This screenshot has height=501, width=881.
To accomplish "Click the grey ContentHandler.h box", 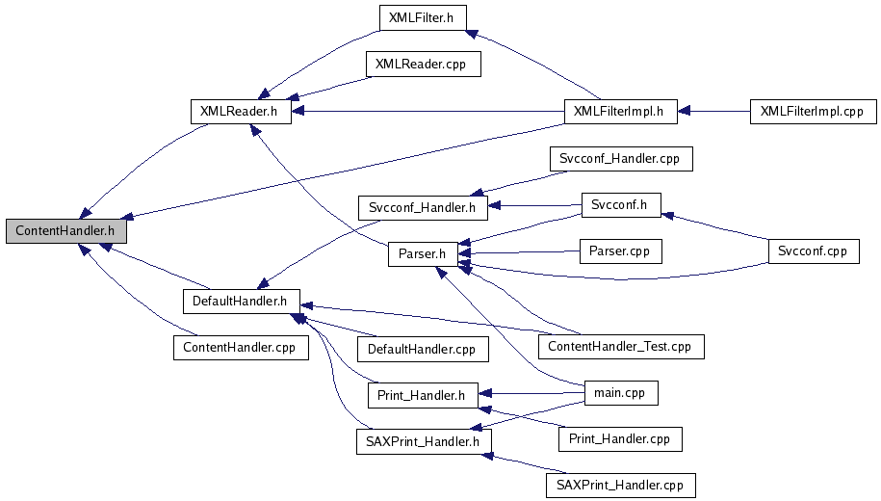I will pyautogui.click(x=65, y=231).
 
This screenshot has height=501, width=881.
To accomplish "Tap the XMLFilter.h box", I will pyautogui.click(x=422, y=16).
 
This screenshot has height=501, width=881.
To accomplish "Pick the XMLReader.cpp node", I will pyautogui.click(x=421, y=65).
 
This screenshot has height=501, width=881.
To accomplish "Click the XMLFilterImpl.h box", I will pyautogui.click(x=618, y=111).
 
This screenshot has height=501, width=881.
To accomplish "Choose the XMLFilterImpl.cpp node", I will pyautogui.click(x=812, y=111).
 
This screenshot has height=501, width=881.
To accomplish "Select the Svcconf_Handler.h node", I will pyautogui.click(x=423, y=206).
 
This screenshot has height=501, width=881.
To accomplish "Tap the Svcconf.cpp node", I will pyautogui.click(x=813, y=250).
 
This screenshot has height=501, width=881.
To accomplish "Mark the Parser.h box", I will pyautogui.click(x=422, y=254).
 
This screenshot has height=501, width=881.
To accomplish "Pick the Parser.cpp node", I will pyautogui.click(x=620, y=250).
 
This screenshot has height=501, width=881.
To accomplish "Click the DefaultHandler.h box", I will pyautogui.click(x=241, y=301).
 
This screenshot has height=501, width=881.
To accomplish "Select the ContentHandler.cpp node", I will pyautogui.click(x=241, y=347).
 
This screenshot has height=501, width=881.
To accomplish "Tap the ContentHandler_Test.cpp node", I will pyautogui.click(x=620, y=345).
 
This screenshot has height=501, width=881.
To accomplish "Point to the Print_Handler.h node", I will pyautogui.click(x=422, y=395).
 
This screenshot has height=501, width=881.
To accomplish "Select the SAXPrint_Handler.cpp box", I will pyautogui.click(x=619, y=485).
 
